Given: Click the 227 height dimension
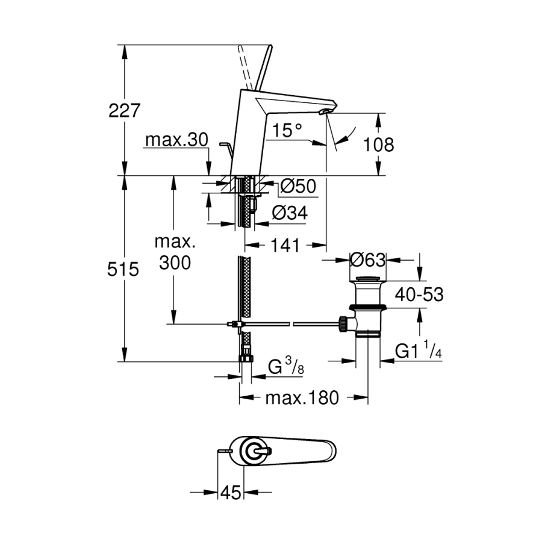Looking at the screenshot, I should coord(124,110).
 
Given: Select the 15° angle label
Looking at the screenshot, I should coord(285,130).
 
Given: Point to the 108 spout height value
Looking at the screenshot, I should coord(378,145).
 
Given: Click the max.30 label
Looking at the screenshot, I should coord(176,140).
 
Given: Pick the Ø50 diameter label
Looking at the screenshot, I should coord(298,187).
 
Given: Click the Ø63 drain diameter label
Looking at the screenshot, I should coord(367,260).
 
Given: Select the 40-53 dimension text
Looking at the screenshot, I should coord(420,294).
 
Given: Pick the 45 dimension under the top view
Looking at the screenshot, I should coord(229,493).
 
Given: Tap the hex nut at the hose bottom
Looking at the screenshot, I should coord(245,358).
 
